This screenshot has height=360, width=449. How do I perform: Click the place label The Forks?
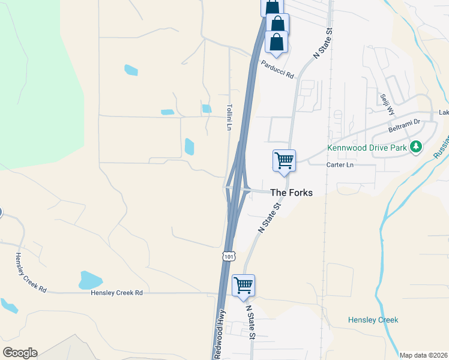pos(292,193)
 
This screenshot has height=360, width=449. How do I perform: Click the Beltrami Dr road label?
pos(404,125)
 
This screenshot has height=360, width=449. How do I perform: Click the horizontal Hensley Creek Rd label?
pos(116,293)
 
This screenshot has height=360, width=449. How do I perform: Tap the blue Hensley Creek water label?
pos(373,320)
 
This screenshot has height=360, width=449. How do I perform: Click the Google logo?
pos(20,353)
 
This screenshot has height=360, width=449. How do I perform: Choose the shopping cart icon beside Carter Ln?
pos(284,161)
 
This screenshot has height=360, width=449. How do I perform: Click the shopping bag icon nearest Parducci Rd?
pos(277,43)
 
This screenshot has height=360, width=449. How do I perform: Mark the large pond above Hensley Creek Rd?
pos(91,280)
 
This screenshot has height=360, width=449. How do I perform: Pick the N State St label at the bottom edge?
pos(251,323)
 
